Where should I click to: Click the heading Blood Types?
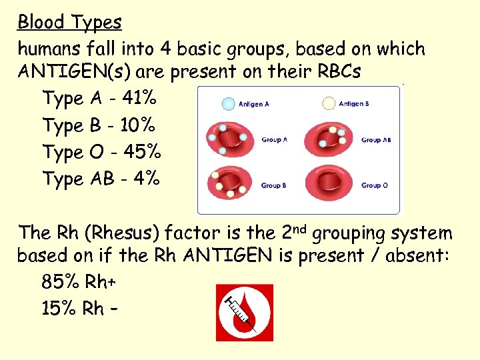(x=69, y=22)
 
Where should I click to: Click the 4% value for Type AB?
(x=147, y=179)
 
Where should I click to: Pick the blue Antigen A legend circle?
(x=228, y=103)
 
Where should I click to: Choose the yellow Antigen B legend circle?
(x=329, y=103)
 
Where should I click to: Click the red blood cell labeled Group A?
(x=228, y=139)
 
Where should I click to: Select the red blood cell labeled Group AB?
(x=327, y=139)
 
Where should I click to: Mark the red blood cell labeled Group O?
(x=327, y=183)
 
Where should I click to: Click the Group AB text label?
(x=376, y=141)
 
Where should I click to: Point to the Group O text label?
(x=375, y=185)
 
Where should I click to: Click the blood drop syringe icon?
(x=244, y=313)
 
